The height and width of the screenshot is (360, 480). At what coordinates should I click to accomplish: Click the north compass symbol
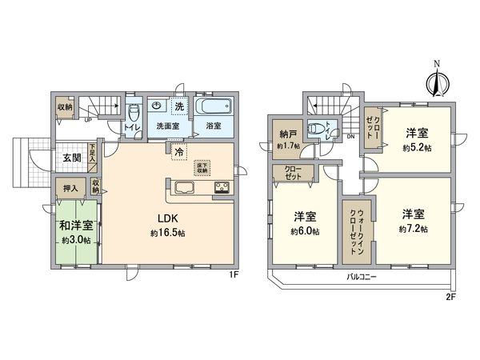(x=436, y=79)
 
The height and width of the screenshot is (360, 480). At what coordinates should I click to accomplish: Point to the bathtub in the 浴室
(x=212, y=107)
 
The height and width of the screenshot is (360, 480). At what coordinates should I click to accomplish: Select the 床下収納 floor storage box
(x=202, y=167)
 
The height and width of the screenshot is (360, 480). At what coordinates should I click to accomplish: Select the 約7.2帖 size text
(x=414, y=229)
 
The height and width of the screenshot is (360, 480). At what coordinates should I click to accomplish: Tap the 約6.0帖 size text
(x=306, y=231)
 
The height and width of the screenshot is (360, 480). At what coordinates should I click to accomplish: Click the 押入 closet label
(x=71, y=189)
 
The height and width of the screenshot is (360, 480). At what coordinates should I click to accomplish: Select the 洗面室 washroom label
(x=166, y=126)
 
